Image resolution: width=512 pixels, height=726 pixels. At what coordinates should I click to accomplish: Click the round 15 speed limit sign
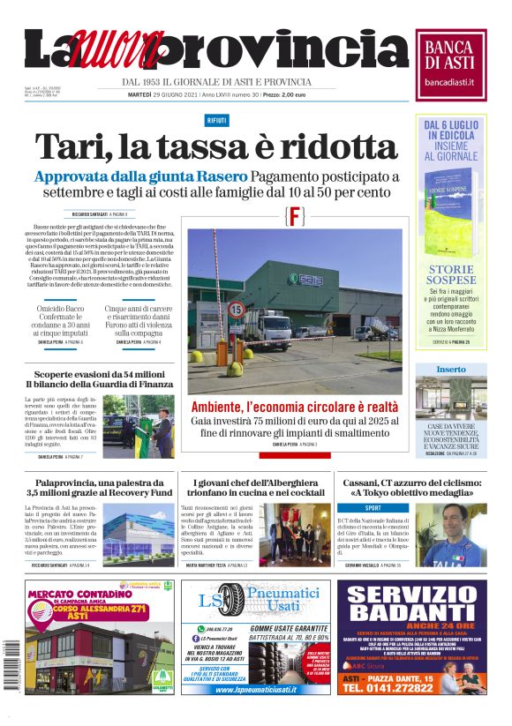point(237,309)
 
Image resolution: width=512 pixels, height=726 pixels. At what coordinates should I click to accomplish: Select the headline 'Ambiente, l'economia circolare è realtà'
point(294,407)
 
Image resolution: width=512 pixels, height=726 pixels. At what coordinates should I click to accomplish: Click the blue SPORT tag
point(373,509)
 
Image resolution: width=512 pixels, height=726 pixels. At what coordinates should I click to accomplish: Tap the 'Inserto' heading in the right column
point(450,369)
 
